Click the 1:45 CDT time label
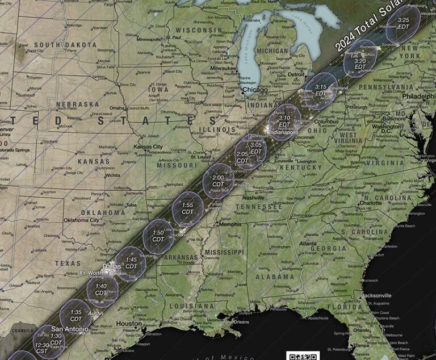pos(131,263)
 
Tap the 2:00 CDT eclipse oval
pos(218,181)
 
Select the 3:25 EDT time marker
pos(404,23)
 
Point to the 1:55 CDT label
pos(188,208)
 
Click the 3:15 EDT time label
pos(321,90)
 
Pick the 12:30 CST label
pos(42,348)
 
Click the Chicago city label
pos(255,90)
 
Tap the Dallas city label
pos(112,266)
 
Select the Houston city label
pos(129,324)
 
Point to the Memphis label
pos(230,224)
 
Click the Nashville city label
pos(254,198)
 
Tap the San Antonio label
pos(70,329)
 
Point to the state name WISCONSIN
pos(198,30)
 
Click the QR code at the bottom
pos(304,355)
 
